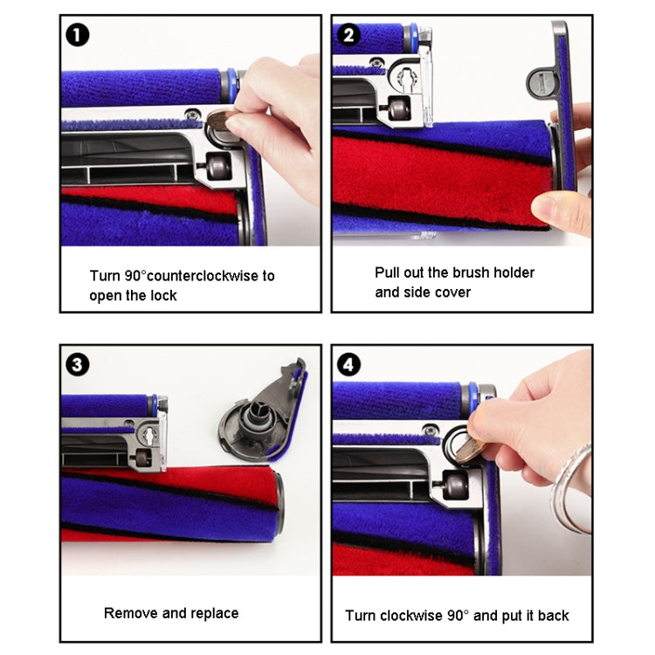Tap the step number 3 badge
click(78, 364)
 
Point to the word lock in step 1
click(162, 295)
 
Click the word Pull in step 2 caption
click(389, 272)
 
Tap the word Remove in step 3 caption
click(129, 613)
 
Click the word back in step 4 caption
click(552, 616)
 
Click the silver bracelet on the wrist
click(572, 489)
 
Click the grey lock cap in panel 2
click(541, 81)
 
